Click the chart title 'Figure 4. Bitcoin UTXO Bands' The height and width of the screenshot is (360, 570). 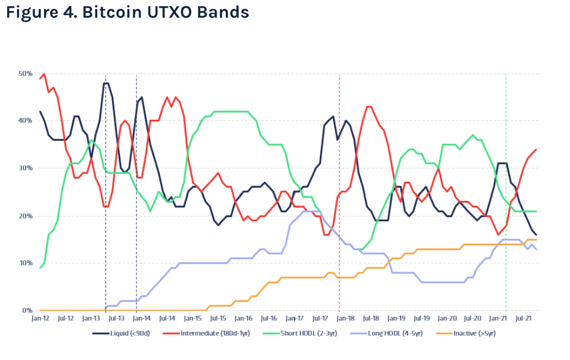[128, 13]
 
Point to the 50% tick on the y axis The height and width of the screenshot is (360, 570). [26, 73]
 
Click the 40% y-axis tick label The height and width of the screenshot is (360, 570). [26, 120]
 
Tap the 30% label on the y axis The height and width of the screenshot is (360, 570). [26, 168]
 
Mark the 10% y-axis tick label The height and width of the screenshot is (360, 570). [26, 263]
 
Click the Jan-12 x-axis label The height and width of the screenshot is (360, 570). [40, 319]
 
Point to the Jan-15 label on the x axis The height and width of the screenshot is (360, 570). [193, 319]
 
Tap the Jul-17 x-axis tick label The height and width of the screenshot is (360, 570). [320, 319]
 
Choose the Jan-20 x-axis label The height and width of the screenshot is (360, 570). [447, 319]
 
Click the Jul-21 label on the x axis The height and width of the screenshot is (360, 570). [524, 319]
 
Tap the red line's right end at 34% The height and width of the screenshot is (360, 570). [536, 149]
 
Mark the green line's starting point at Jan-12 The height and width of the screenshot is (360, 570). [40, 268]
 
